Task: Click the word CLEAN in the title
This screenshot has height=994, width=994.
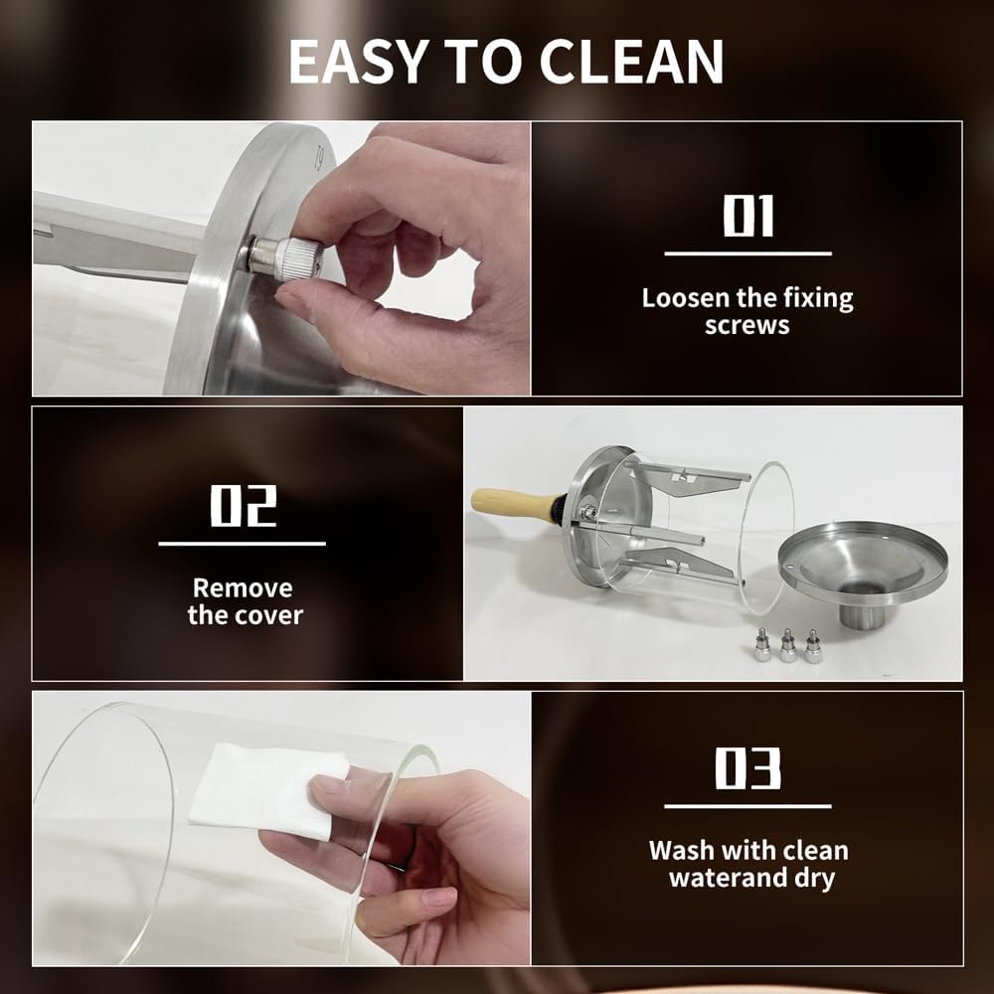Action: [631, 62]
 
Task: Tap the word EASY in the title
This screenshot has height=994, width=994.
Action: [358, 62]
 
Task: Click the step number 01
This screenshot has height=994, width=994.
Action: [748, 216]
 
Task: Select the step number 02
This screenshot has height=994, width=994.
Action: [244, 505]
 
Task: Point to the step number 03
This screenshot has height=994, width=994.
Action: [748, 768]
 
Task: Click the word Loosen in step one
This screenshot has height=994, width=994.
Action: [685, 297]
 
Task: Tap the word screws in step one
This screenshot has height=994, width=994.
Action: [746, 325]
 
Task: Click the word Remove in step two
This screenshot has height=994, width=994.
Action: [243, 587]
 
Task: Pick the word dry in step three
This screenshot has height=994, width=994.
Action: [815, 879]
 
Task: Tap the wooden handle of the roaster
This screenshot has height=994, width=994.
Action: [512, 504]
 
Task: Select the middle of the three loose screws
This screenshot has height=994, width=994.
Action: [788, 647]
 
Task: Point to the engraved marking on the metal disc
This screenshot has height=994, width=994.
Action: [320, 158]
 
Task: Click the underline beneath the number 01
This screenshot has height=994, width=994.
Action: [748, 253]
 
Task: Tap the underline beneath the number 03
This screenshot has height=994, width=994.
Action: [748, 806]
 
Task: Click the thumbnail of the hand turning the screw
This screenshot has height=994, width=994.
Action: [281, 258]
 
